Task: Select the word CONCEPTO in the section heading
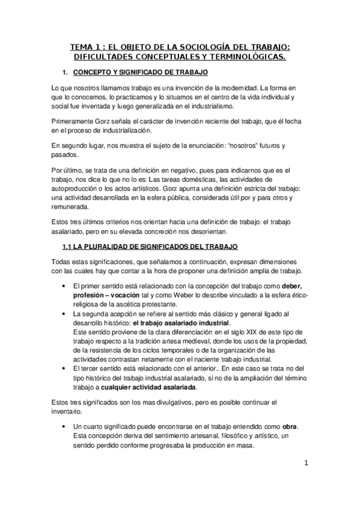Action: [93, 73]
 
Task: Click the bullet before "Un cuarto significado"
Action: [63, 426]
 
